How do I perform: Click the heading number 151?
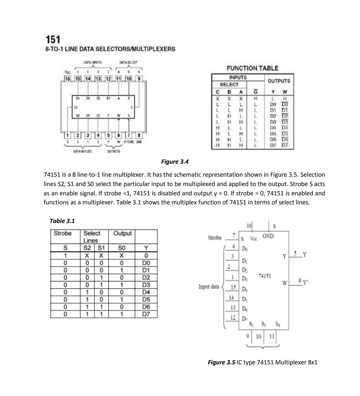(x=53, y=40)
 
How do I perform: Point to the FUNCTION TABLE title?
(x=252, y=68)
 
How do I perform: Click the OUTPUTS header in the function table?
(x=279, y=81)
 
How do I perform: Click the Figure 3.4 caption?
(x=175, y=162)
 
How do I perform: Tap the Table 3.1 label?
(x=62, y=221)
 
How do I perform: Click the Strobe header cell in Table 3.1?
(x=63, y=234)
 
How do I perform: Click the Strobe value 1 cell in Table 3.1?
(x=66, y=256)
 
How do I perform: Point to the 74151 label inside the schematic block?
(x=265, y=276)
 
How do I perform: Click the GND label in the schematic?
(x=268, y=236)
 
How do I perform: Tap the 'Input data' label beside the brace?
(x=209, y=286)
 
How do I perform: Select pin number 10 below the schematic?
(x=258, y=336)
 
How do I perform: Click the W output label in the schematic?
(x=284, y=283)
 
